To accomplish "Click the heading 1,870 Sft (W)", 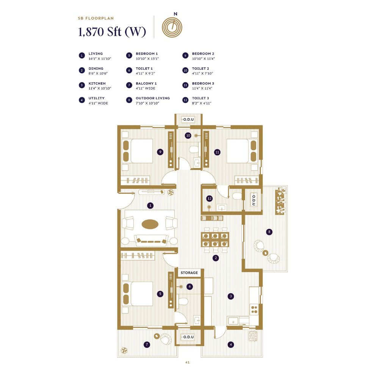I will pos(112,32).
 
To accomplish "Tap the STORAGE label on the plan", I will pos(189,273).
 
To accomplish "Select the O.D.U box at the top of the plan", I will pos(188,119).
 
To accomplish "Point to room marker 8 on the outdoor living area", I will pos(269,232).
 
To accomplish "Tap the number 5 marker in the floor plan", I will pos(160,293).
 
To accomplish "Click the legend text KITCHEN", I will pos(97,83).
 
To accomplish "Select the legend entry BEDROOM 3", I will pos(203,83).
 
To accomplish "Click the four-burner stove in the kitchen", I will pos(254,309).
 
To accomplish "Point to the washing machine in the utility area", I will pos(253,336).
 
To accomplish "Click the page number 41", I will pos(187,362).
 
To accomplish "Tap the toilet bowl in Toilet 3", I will pos(237,196).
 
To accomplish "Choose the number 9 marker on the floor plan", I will pos(160,152).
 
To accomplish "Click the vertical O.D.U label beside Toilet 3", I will pos(254,200).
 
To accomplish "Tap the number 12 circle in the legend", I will pos(186,100).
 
